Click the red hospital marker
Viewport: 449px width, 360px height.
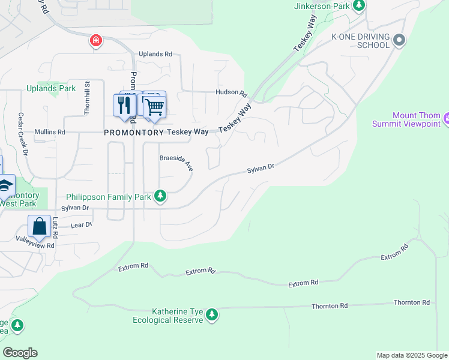tap(95, 41)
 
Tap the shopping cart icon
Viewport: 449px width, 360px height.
tap(154, 107)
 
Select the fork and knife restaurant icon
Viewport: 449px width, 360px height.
tap(124, 106)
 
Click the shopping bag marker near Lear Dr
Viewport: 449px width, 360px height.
tap(39, 227)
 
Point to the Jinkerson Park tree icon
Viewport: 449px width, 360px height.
tap(359, 6)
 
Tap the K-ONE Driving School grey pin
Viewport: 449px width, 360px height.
tap(399, 40)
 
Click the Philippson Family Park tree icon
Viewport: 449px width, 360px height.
tap(160, 196)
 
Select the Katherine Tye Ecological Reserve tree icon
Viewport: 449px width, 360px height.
tap(211, 315)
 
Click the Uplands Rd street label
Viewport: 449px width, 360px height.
tap(155, 54)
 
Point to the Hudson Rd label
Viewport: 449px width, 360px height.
tap(232, 93)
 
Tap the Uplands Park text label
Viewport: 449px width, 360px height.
tap(51, 88)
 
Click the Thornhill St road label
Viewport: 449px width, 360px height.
tap(87, 98)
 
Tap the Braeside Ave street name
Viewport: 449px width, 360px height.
tap(176, 161)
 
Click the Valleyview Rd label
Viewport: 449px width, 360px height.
tap(35, 245)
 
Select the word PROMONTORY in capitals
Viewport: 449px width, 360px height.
tap(134, 132)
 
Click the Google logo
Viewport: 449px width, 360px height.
tap(20, 353)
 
